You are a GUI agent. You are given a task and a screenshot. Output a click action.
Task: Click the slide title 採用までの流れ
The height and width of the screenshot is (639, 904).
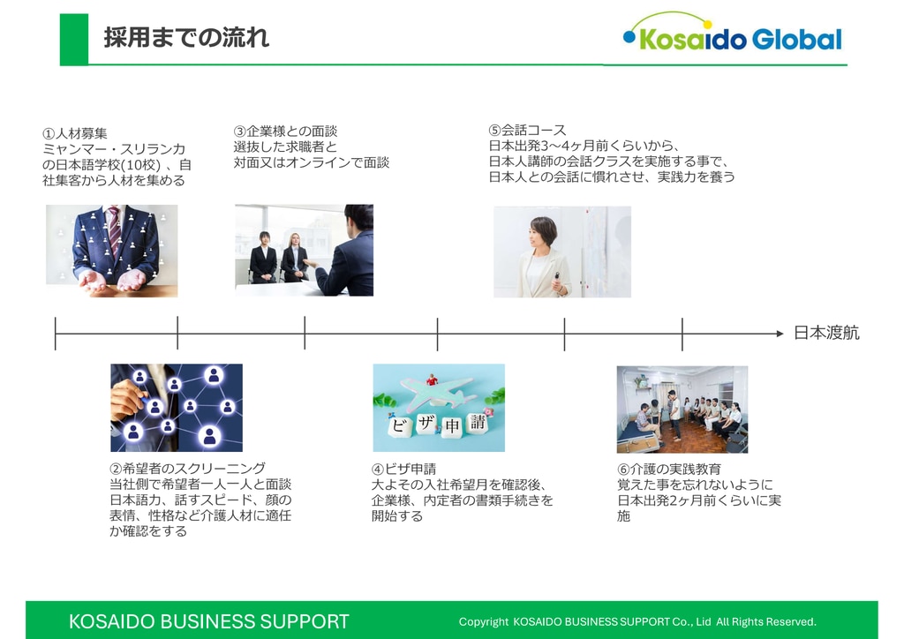pos(186,38)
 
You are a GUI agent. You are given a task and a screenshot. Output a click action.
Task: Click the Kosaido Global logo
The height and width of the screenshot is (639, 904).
pos(732,34)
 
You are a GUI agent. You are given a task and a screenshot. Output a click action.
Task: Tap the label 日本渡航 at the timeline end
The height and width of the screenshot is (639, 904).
pos(825,333)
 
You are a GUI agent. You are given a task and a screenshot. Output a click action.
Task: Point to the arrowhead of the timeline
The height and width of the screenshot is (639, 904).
pos(780,334)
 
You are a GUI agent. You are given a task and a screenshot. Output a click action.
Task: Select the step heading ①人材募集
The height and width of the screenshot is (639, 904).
pos(75,134)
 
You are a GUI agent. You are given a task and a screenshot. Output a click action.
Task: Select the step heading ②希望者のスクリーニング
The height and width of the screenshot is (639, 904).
pos(187,469)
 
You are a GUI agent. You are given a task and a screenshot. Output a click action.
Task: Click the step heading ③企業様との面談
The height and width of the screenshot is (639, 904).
pos(285,131)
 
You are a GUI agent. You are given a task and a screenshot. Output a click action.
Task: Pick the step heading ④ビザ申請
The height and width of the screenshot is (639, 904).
pos(403,469)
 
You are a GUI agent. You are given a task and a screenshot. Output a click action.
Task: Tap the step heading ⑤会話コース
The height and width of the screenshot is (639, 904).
pos(527,130)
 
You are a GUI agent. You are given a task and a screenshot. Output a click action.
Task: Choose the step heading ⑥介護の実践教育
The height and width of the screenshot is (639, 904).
pos(668,469)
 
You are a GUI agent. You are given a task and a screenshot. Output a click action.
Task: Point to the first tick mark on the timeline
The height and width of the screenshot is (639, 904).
pos(56,334)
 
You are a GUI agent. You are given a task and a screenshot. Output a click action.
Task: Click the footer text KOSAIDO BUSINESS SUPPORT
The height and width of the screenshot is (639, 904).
pos(209,621)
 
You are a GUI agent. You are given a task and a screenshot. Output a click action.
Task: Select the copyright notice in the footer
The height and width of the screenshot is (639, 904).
pos(637,621)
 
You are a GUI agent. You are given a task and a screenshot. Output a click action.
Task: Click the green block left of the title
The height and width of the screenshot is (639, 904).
pos(74,39)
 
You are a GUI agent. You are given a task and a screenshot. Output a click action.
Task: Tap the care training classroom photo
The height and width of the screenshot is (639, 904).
pos(682,410)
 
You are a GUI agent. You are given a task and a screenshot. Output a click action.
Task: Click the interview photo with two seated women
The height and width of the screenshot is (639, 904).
pos(304,250)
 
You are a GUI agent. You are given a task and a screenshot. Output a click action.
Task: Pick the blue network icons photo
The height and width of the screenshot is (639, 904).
pos(177,408)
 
